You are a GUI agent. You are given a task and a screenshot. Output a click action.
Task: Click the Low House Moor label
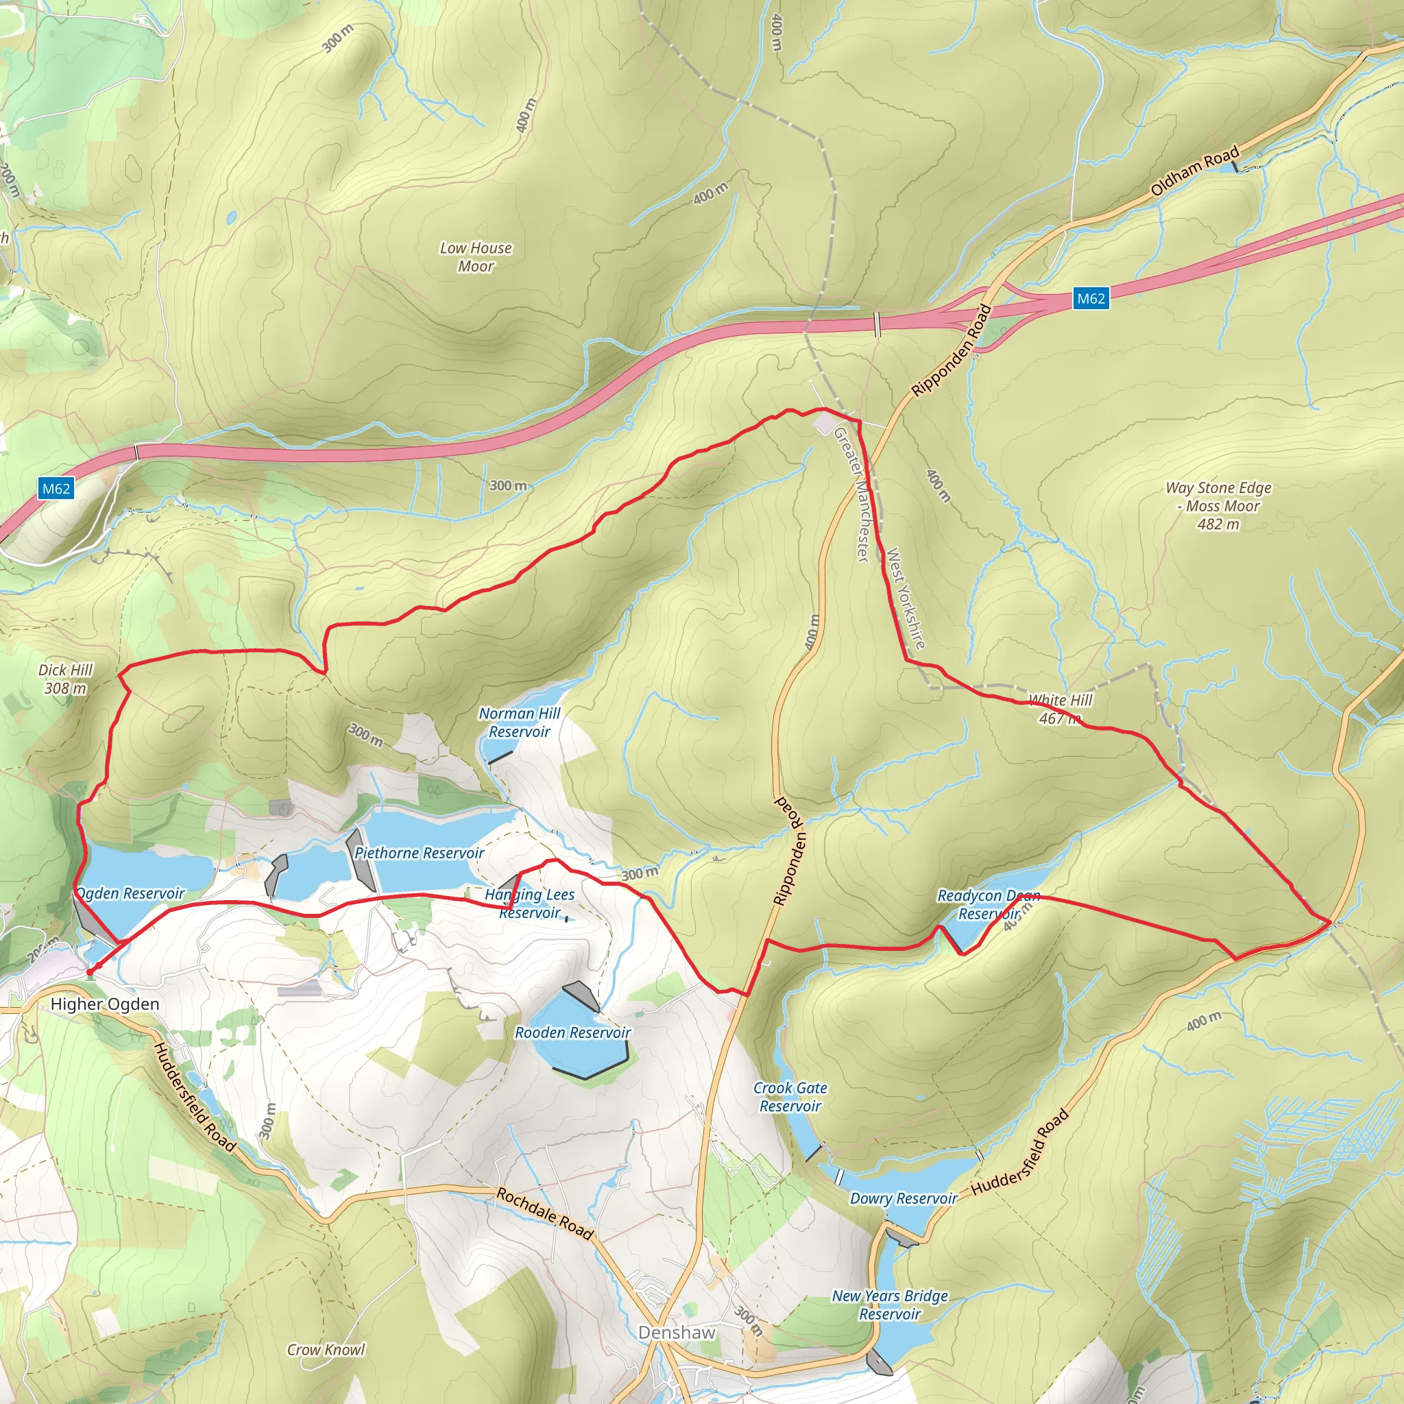coord(476,257)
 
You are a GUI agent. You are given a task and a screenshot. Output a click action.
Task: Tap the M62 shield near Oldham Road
coord(1090,298)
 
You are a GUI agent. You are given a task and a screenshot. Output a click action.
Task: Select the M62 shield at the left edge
coord(56,488)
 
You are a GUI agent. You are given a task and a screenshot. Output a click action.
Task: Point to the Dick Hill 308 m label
coord(65,679)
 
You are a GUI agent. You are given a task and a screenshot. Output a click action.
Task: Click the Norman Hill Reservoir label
coord(519,723)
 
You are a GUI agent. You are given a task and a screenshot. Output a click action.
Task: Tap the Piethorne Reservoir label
coord(420,853)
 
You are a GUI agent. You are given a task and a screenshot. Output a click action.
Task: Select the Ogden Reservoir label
coord(130,893)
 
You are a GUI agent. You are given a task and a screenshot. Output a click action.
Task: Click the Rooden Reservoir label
coord(572,1032)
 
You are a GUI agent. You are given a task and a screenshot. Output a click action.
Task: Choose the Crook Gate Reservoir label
coord(790,1097)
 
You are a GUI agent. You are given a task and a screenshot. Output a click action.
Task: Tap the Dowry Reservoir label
coord(904,1198)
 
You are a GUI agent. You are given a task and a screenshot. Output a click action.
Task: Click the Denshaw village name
coord(677,1332)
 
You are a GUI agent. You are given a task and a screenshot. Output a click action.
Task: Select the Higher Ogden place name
coord(105,1004)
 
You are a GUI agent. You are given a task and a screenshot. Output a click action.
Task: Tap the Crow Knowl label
coord(326,1349)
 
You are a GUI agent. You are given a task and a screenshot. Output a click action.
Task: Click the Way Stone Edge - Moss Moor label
coord(1219,506)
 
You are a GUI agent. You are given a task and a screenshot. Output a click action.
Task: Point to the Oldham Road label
coord(1195,171)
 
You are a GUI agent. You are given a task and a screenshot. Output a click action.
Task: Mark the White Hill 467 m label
coord(1061,710)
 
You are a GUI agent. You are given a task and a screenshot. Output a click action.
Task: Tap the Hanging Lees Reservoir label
coord(530,904)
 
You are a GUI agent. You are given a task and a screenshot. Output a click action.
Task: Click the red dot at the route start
coord(89,971)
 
